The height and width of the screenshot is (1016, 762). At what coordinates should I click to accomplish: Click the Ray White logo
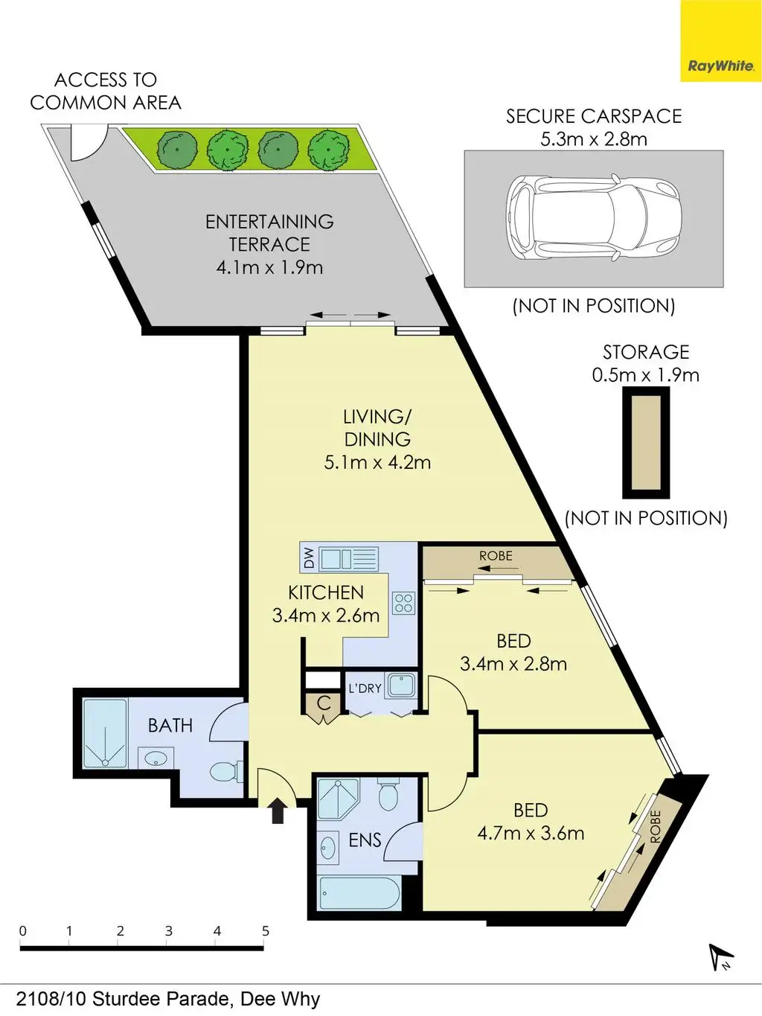point(721,41)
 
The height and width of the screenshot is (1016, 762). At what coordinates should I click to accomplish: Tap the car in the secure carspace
point(595,218)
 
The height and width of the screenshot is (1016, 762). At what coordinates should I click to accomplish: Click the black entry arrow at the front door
point(277,811)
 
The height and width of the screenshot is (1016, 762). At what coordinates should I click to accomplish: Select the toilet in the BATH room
point(225,772)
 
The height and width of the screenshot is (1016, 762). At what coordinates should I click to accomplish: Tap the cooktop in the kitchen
point(404,603)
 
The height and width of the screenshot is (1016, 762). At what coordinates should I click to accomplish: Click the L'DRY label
point(365,688)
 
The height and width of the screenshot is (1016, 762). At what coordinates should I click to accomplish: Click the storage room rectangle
point(646,443)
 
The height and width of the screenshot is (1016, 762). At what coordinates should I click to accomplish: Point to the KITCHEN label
point(326,592)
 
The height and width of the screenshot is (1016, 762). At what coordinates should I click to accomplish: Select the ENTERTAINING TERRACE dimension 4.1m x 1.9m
point(269,267)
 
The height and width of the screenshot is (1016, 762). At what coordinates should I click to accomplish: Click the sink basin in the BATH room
point(156,758)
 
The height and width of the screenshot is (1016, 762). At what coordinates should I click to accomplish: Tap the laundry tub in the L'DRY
point(402,685)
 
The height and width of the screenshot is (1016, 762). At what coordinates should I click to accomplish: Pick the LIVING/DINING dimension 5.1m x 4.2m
point(377,462)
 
